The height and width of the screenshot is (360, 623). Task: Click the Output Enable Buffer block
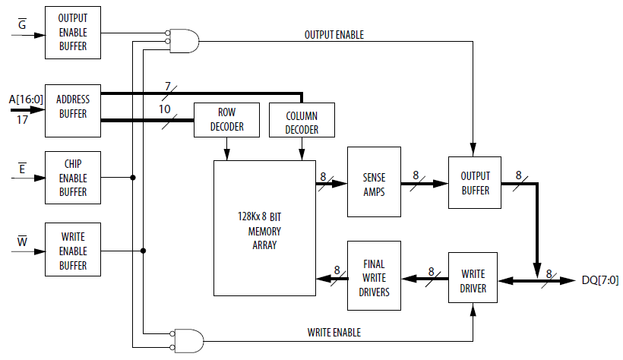[73, 33]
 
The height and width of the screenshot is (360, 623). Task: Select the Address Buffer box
[73, 106]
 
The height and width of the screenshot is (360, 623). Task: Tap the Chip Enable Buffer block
[73, 178]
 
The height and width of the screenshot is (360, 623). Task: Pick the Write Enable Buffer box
[73, 251]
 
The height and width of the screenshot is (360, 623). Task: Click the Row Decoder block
[226, 119]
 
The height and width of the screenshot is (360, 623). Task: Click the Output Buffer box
[474, 183]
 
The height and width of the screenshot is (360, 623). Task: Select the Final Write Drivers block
[373, 276]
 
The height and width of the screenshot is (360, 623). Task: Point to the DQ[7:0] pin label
[599, 280]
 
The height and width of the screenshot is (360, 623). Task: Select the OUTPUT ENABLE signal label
[334, 35]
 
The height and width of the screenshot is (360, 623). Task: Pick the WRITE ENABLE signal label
[334, 332]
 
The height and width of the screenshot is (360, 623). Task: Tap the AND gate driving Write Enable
[188, 340]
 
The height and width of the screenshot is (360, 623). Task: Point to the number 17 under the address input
[22, 118]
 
